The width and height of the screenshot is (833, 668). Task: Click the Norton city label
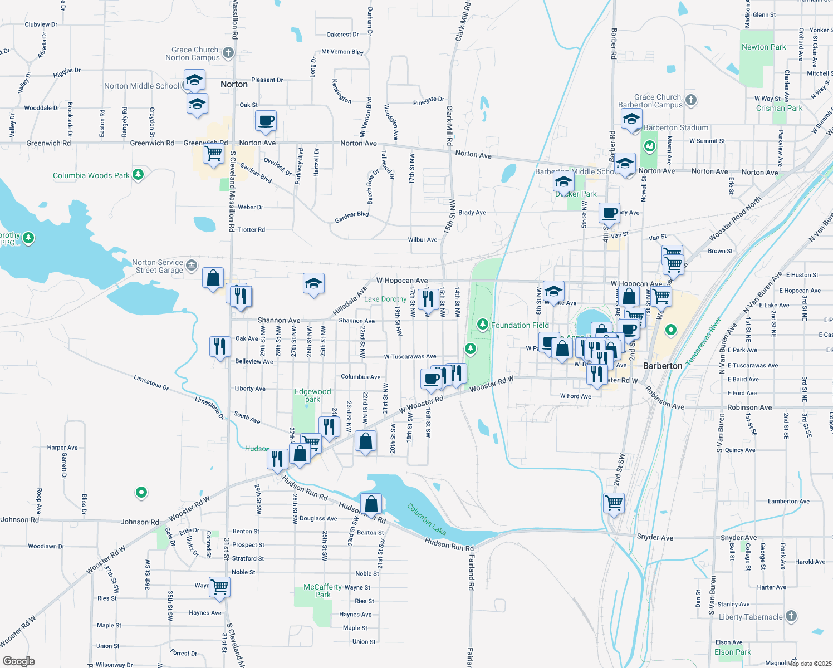tap(234, 85)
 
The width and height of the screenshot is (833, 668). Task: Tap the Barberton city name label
tap(663, 366)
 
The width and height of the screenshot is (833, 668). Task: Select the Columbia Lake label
tap(427, 519)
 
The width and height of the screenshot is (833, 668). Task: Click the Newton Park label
tap(764, 47)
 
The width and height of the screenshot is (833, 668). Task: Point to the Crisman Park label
tap(780, 109)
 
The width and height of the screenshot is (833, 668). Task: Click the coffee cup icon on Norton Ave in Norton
tap(266, 120)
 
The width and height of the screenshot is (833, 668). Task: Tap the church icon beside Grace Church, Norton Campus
tap(228, 53)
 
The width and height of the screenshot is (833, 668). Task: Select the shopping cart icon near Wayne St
tap(220, 586)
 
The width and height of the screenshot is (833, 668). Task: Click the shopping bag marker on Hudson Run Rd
tap(371, 504)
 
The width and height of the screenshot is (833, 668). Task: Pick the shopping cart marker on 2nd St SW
tap(614, 503)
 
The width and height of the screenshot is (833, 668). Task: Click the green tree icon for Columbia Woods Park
tap(138, 175)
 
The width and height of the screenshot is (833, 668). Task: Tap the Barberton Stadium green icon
tap(649, 146)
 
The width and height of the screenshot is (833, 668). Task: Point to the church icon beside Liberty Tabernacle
tap(791, 616)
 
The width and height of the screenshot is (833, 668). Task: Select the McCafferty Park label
tap(323, 591)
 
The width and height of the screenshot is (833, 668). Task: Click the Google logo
tap(19, 661)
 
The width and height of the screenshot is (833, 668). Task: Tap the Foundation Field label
tap(520, 325)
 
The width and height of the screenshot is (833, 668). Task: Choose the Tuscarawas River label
tap(703, 341)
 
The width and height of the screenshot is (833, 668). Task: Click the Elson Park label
tap(733, 652)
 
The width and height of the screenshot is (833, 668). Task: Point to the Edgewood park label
tap(312, 395)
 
